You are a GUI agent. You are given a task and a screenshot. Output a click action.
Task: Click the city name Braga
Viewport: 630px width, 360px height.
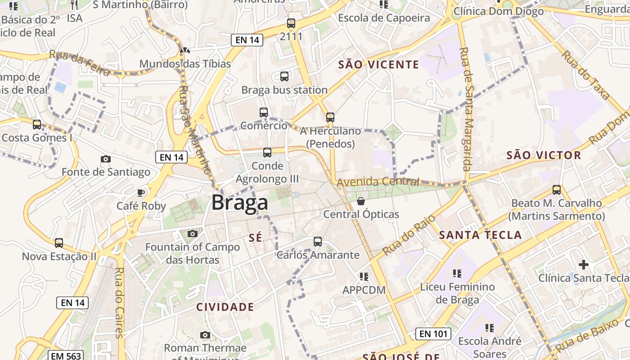click(239, 202)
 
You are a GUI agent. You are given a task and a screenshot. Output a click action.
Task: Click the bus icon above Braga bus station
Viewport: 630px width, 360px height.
click(284, 76)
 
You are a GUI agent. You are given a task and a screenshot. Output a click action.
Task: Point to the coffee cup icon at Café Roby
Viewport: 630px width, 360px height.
click(141, 193)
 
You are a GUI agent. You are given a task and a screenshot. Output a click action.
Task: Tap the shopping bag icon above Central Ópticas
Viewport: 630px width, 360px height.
click(361, 201)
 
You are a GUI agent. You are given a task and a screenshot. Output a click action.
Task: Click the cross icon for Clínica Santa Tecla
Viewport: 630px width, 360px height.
click(584, 265)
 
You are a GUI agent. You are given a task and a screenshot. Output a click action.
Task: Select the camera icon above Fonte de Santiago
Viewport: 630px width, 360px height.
click(106, 159)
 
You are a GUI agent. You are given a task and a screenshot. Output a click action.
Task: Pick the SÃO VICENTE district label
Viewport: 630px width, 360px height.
click(378, 65)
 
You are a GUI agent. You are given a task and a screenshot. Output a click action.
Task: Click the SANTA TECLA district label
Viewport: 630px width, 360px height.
click(480, 235)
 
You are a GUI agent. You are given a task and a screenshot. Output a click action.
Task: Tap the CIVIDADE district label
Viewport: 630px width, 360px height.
click(225, 307)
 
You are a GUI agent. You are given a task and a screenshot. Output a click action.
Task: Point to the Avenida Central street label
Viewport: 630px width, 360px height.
click(378, 182)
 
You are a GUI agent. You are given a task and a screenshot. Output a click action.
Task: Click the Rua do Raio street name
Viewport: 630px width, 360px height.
click(409, 238)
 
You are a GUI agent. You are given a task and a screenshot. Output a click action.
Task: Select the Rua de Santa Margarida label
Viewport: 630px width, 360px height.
click(465, 109)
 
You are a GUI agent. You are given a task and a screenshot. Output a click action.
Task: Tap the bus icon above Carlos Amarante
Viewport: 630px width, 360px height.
click(318, 242)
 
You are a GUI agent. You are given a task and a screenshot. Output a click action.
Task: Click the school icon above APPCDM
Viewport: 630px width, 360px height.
click(364, 276)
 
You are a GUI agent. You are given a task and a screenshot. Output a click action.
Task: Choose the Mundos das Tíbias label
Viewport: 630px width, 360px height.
click(185, 64)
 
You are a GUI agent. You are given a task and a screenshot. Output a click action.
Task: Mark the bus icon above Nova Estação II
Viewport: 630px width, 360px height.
click(59, 243)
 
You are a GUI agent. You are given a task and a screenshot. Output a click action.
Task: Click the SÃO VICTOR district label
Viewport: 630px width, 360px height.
click(544, 156)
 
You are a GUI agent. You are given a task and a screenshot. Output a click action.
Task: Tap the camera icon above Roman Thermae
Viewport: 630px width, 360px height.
click(205, 335)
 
